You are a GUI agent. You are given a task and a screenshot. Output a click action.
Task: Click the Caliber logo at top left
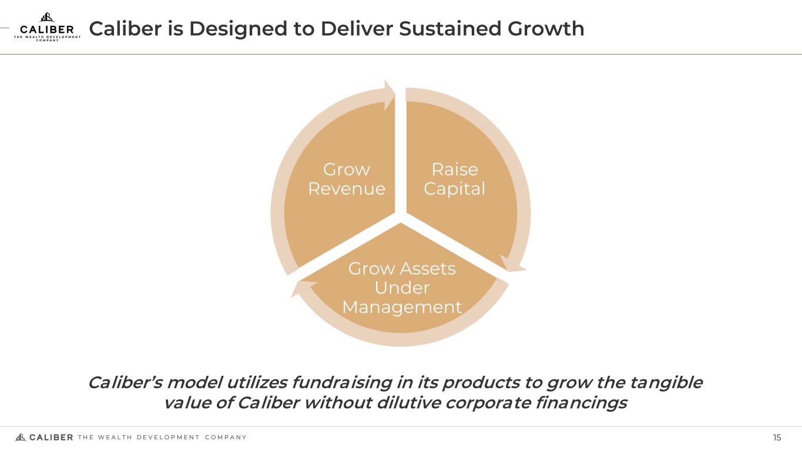pos(47,27)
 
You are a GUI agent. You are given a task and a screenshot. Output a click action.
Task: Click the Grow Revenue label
pos(347,179)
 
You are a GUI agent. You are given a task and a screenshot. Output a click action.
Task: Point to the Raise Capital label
pos(454,179)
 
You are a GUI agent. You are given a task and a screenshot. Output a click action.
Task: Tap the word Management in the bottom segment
pos(402,307)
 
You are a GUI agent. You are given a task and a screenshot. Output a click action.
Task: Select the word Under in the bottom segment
pos(402,288)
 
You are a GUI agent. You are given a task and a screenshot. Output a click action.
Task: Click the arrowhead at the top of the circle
pos(390,95)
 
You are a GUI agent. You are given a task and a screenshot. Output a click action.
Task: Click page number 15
pos(777,437)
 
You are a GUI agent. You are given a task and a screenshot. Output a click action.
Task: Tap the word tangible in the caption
pos(666,383)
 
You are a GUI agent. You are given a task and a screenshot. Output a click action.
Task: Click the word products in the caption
pos(481,383)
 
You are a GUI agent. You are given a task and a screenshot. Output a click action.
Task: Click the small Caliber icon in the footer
pos(21,437)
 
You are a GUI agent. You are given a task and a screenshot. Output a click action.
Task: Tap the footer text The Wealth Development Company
pos(162,437)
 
